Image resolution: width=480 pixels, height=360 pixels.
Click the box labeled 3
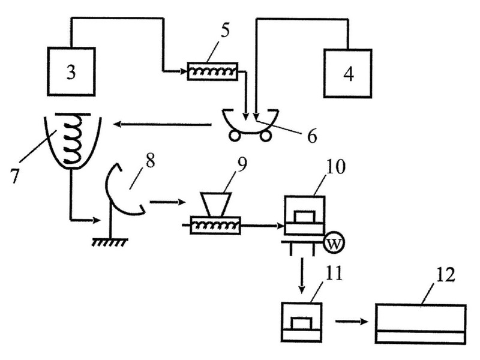(x=71, y=71)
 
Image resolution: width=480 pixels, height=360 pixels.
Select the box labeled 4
(x=348, y=73)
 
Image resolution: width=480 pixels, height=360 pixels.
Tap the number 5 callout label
(x=225, y=31)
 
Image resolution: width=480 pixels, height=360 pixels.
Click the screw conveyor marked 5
(x=213, y=71)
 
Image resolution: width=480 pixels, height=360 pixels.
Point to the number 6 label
(x=312, y=137)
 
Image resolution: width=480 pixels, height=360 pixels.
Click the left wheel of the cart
(x=235, y=136)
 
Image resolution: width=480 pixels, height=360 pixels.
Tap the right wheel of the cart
(x=265, y=136)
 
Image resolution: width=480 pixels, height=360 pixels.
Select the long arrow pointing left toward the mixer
(x=163, y=124)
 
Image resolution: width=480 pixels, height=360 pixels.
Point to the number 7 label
(x=14, y=176)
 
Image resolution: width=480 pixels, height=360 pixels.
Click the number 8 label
(x=150, y=161)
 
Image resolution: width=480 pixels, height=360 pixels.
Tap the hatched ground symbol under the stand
(x=110, y=242)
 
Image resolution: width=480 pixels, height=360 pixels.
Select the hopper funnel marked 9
(x=216, y=204)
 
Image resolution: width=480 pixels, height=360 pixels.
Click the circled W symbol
(x=334, y=244)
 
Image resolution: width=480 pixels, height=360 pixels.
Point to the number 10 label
(x=335, y=167)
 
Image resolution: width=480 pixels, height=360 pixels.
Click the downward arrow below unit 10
(x=302, y=275)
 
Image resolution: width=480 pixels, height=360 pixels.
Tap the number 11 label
(x=334, y=273)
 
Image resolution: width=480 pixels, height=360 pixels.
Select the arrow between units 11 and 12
(x=352, y=322)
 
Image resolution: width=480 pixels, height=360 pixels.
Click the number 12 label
(x=445, y=275)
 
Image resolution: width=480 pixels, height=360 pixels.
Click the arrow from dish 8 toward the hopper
(x=167, y=202)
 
